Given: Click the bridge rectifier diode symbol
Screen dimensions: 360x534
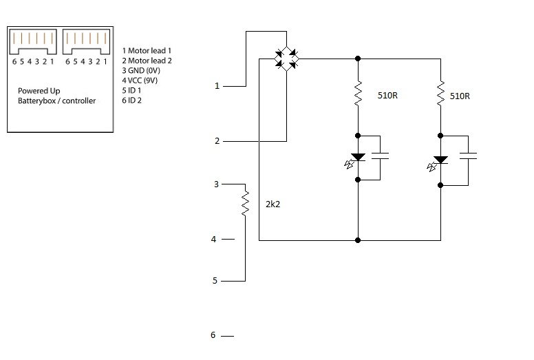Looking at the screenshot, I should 286,59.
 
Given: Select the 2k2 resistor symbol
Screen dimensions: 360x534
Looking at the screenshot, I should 245,204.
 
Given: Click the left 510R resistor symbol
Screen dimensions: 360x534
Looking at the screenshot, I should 358,94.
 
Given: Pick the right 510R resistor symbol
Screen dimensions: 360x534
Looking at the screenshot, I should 440,94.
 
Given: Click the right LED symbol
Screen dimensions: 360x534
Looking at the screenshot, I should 440,160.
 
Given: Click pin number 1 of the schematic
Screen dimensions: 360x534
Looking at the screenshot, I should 217,86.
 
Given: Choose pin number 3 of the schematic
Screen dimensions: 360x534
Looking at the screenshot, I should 216,184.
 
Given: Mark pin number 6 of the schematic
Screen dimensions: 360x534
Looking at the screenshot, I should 213,335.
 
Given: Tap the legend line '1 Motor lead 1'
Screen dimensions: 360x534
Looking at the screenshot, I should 147,50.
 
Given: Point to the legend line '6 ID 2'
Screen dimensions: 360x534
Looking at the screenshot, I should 133,100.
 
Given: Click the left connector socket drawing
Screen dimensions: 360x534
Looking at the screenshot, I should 32,43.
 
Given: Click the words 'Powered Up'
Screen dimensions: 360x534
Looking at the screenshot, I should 39,91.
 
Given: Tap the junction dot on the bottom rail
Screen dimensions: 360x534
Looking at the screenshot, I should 358,240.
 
